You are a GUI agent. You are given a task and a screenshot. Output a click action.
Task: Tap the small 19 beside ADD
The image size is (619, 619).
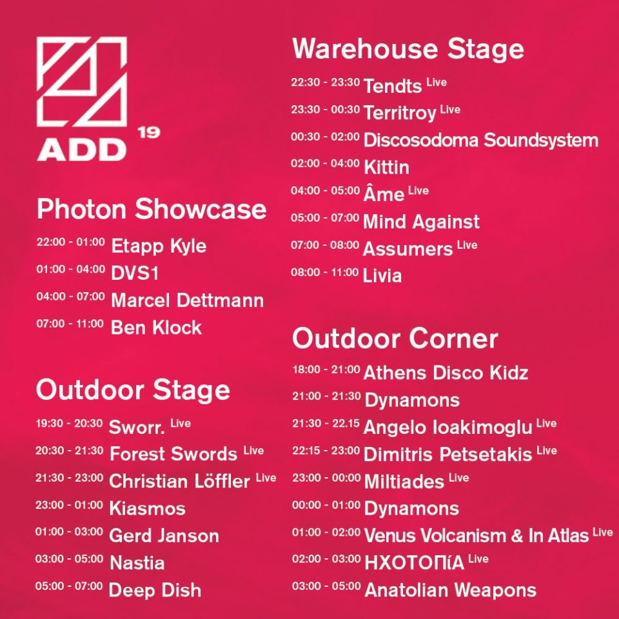149,132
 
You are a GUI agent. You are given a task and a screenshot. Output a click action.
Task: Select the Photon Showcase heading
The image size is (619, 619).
152,209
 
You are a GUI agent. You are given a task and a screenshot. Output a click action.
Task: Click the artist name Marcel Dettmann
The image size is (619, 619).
188,300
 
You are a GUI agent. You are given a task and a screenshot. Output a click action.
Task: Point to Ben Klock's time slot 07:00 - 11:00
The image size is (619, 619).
70,324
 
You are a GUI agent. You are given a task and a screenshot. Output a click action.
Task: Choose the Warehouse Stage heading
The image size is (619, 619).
408,49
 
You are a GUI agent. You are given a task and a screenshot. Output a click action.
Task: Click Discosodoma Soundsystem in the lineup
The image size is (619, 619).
481,140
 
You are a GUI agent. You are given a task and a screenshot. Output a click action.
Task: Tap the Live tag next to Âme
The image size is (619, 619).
418,191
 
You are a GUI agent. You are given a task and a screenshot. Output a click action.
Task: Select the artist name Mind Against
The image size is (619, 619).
421,221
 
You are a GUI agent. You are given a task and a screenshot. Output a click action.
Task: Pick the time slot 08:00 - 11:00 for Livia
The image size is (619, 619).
325,272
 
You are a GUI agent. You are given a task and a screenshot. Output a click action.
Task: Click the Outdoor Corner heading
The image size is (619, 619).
395,339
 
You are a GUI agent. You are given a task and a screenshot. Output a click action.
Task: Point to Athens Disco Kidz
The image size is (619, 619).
446,373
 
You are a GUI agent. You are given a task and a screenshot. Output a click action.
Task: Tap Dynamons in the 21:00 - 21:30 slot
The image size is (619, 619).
412,400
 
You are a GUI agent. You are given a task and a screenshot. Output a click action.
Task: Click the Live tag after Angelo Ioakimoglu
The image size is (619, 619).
546,423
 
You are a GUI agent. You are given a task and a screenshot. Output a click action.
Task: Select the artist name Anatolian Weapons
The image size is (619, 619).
451,590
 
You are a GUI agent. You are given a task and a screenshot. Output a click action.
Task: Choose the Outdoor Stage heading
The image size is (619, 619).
133,390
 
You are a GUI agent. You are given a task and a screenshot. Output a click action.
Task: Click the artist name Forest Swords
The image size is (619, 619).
173,454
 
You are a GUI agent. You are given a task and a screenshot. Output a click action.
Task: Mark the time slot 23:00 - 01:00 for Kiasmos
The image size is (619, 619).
69,505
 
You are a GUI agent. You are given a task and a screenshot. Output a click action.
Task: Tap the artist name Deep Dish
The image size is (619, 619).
155,590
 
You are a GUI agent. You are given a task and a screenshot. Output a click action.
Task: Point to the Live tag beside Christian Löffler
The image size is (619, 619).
266,478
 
